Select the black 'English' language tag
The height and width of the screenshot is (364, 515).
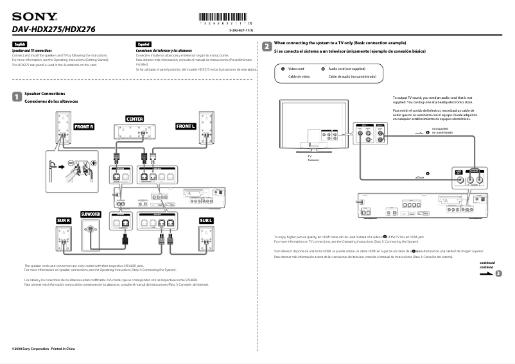click(19, 44)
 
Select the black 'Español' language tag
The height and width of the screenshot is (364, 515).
click(143, 44)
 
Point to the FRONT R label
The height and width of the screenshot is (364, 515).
click(83, 126)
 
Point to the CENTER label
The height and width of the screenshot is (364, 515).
click(135, 119)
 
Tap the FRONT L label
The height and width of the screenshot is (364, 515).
click(186, 126)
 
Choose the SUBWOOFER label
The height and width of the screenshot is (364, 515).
click(92, 213)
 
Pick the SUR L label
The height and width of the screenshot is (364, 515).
click(205, 220)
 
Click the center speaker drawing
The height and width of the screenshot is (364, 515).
click(135, 131)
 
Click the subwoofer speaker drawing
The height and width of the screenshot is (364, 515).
click(92, 234)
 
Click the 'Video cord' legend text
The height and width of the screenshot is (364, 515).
click(296, 68)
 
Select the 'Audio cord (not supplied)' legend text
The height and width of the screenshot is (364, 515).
click(347, 68)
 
